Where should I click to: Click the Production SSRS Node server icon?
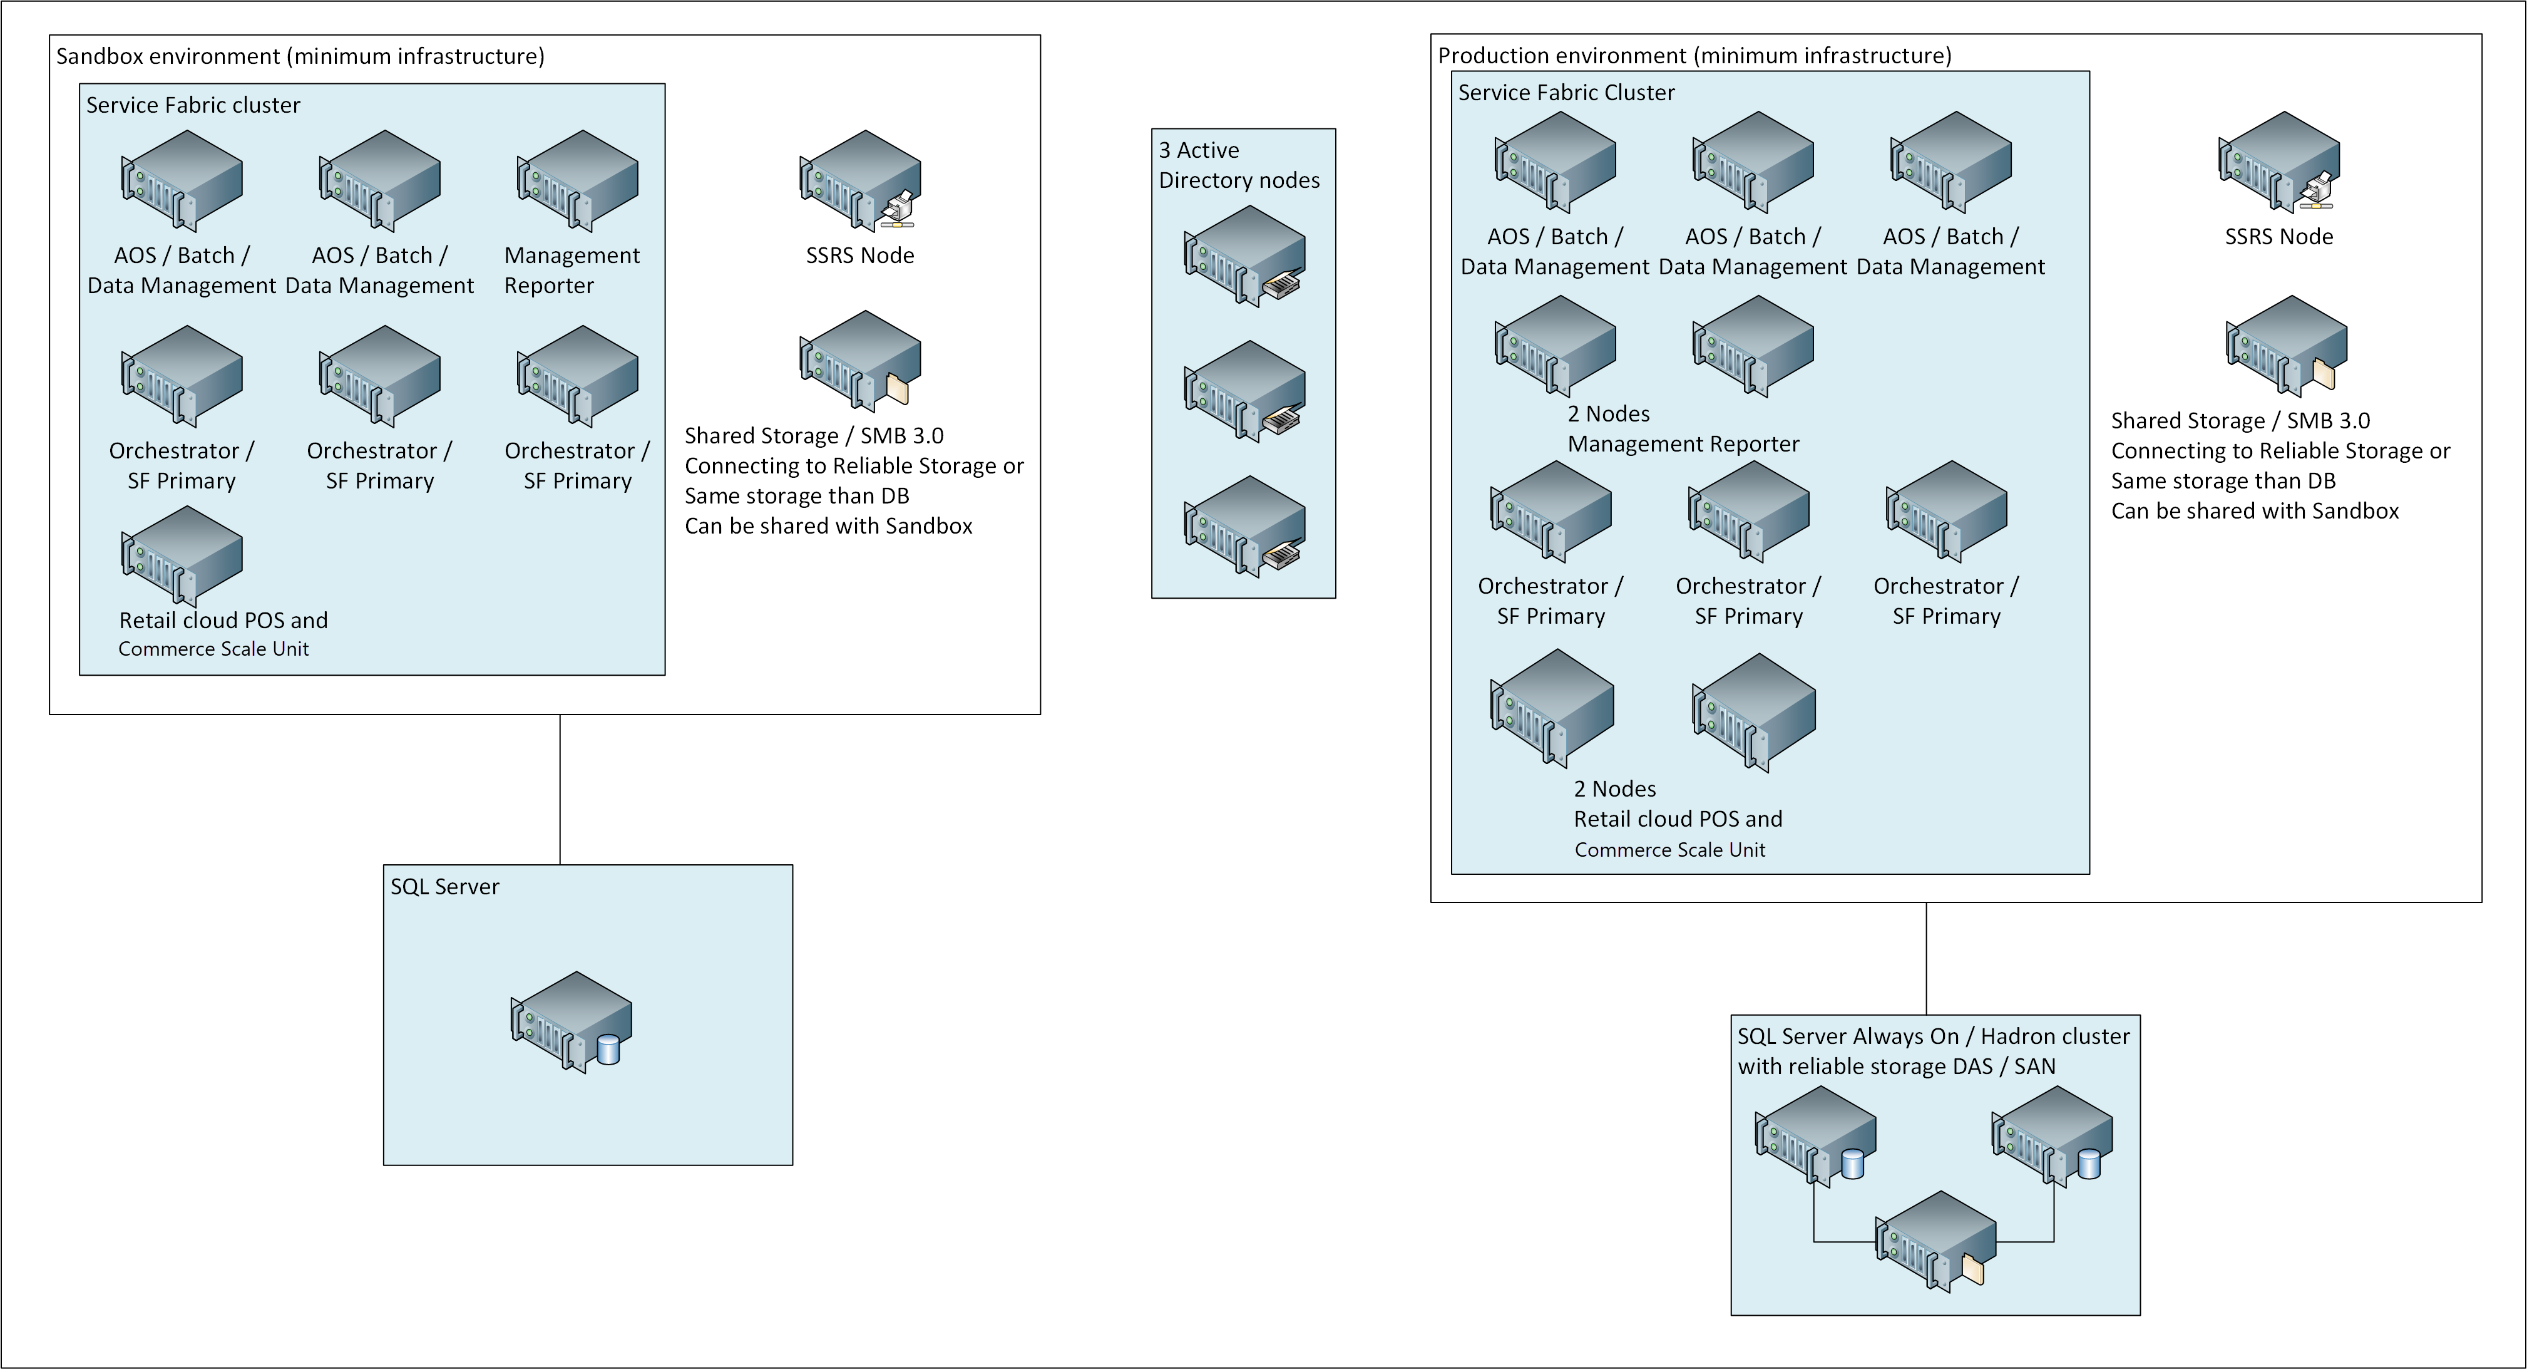(x=2279, y=163)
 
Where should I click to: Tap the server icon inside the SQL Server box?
(x=571, y=1021)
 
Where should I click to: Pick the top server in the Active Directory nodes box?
(x=1244, y=256)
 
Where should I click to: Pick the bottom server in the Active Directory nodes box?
(x=1244, y=527)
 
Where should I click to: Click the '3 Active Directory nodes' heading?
(x=1238, y=165)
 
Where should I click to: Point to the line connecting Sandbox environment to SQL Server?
(x=560, y=789)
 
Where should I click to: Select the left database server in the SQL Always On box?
(x=1815, y=1137)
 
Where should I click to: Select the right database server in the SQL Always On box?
(x=2051, y=1137)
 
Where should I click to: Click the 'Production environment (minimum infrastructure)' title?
(x=1694, y=56)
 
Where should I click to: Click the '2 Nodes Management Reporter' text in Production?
(x=1683, y=429)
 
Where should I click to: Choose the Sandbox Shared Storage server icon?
(x=859, y=362)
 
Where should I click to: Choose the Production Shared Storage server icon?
(x=2285, y=346)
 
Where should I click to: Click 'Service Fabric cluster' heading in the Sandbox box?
(x=193, y=105)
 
